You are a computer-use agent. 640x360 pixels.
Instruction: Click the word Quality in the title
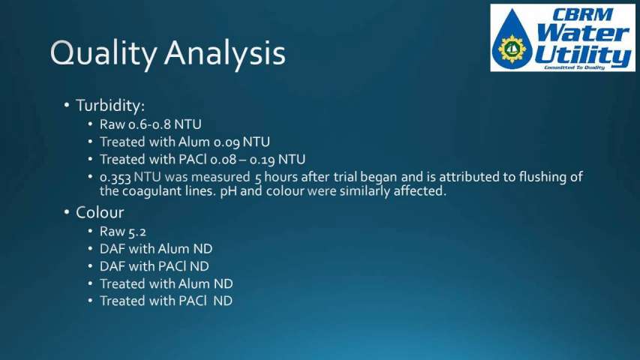pyautogui.click(x=104, y=54)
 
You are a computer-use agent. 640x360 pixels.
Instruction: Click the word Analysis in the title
pyautogui.click(x=225, y=53)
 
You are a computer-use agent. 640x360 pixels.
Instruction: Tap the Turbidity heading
pyautogui.click(x=110, y=106)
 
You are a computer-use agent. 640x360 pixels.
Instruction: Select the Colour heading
pyautogui.click(x=100, y=213)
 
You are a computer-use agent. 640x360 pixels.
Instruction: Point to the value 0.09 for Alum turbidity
pyautogui.click(x=227, y=142)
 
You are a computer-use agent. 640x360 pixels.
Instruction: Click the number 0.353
pyautogui.click(x=115, y=178)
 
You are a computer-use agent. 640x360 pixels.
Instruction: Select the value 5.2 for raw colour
pyautogui.click(x=137, y=232)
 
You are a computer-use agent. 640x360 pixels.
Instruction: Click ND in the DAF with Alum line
pyautogui.click(x=203, y=248)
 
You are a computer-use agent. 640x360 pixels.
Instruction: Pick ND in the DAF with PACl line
pyautogui.click(x=199, y=266)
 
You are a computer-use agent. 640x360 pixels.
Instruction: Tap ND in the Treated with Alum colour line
pyautogui.click(x=224, y=283)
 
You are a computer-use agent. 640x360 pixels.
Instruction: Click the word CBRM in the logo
pyautogui.click(x=582, y=15)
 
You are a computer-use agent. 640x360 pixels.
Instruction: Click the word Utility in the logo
pyautogui.click(x=584, y=55)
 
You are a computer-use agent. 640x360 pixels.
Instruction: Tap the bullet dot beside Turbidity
pyautogui.click(x=67, y=105)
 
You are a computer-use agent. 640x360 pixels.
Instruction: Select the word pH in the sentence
pyautogui.click(x=228, y=191)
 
